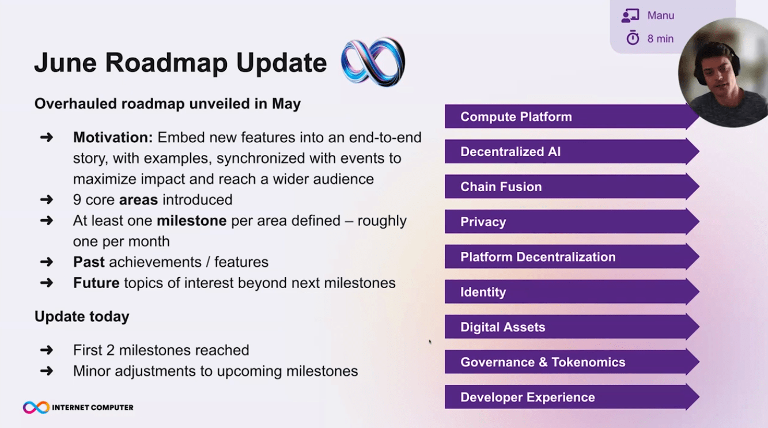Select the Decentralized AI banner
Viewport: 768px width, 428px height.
pos(572,151)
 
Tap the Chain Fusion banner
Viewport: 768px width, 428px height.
pos(572,187)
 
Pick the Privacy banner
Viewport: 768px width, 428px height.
pos(572,222)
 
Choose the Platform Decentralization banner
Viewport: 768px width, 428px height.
pos(572,257)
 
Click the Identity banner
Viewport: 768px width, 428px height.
pos(572,292)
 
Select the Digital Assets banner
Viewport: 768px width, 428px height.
pos(572,327)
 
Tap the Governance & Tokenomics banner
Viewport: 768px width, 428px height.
pos(572,362)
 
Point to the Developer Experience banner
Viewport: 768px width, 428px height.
pos(572,397)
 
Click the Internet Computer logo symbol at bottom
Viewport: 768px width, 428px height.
pos(36,407)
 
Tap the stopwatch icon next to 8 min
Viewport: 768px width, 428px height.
pos(633,37)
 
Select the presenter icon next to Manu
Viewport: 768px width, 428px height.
pos(630,16)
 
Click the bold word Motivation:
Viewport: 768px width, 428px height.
pos(113,138)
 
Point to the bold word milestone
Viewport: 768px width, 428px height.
pos(191,221)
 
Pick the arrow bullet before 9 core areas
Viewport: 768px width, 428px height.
pos(47,199)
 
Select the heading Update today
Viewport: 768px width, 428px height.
pos(82,317)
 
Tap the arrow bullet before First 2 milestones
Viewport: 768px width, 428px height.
pos(47,350)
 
